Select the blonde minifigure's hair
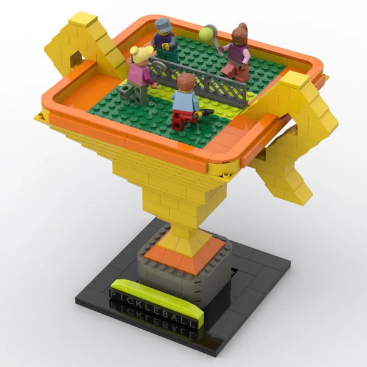(141, 54)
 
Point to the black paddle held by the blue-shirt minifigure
(206, 112)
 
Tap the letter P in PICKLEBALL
(113, 294)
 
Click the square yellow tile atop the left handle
(83, 20)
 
